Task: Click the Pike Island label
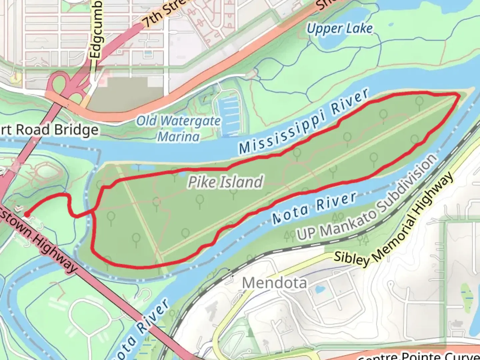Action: pyautogui.click(x=225, y=182)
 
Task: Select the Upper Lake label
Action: pyautogui.click(x=339, y=29)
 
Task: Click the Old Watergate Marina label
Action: pyautogui.click(x=178, y=129)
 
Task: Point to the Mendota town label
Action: pyautogui.click(x=274, y=283)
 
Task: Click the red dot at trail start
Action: pyautogui.click(x=26, y=214)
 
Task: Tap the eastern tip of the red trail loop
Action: pyautogui.click(x=459, y=96)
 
